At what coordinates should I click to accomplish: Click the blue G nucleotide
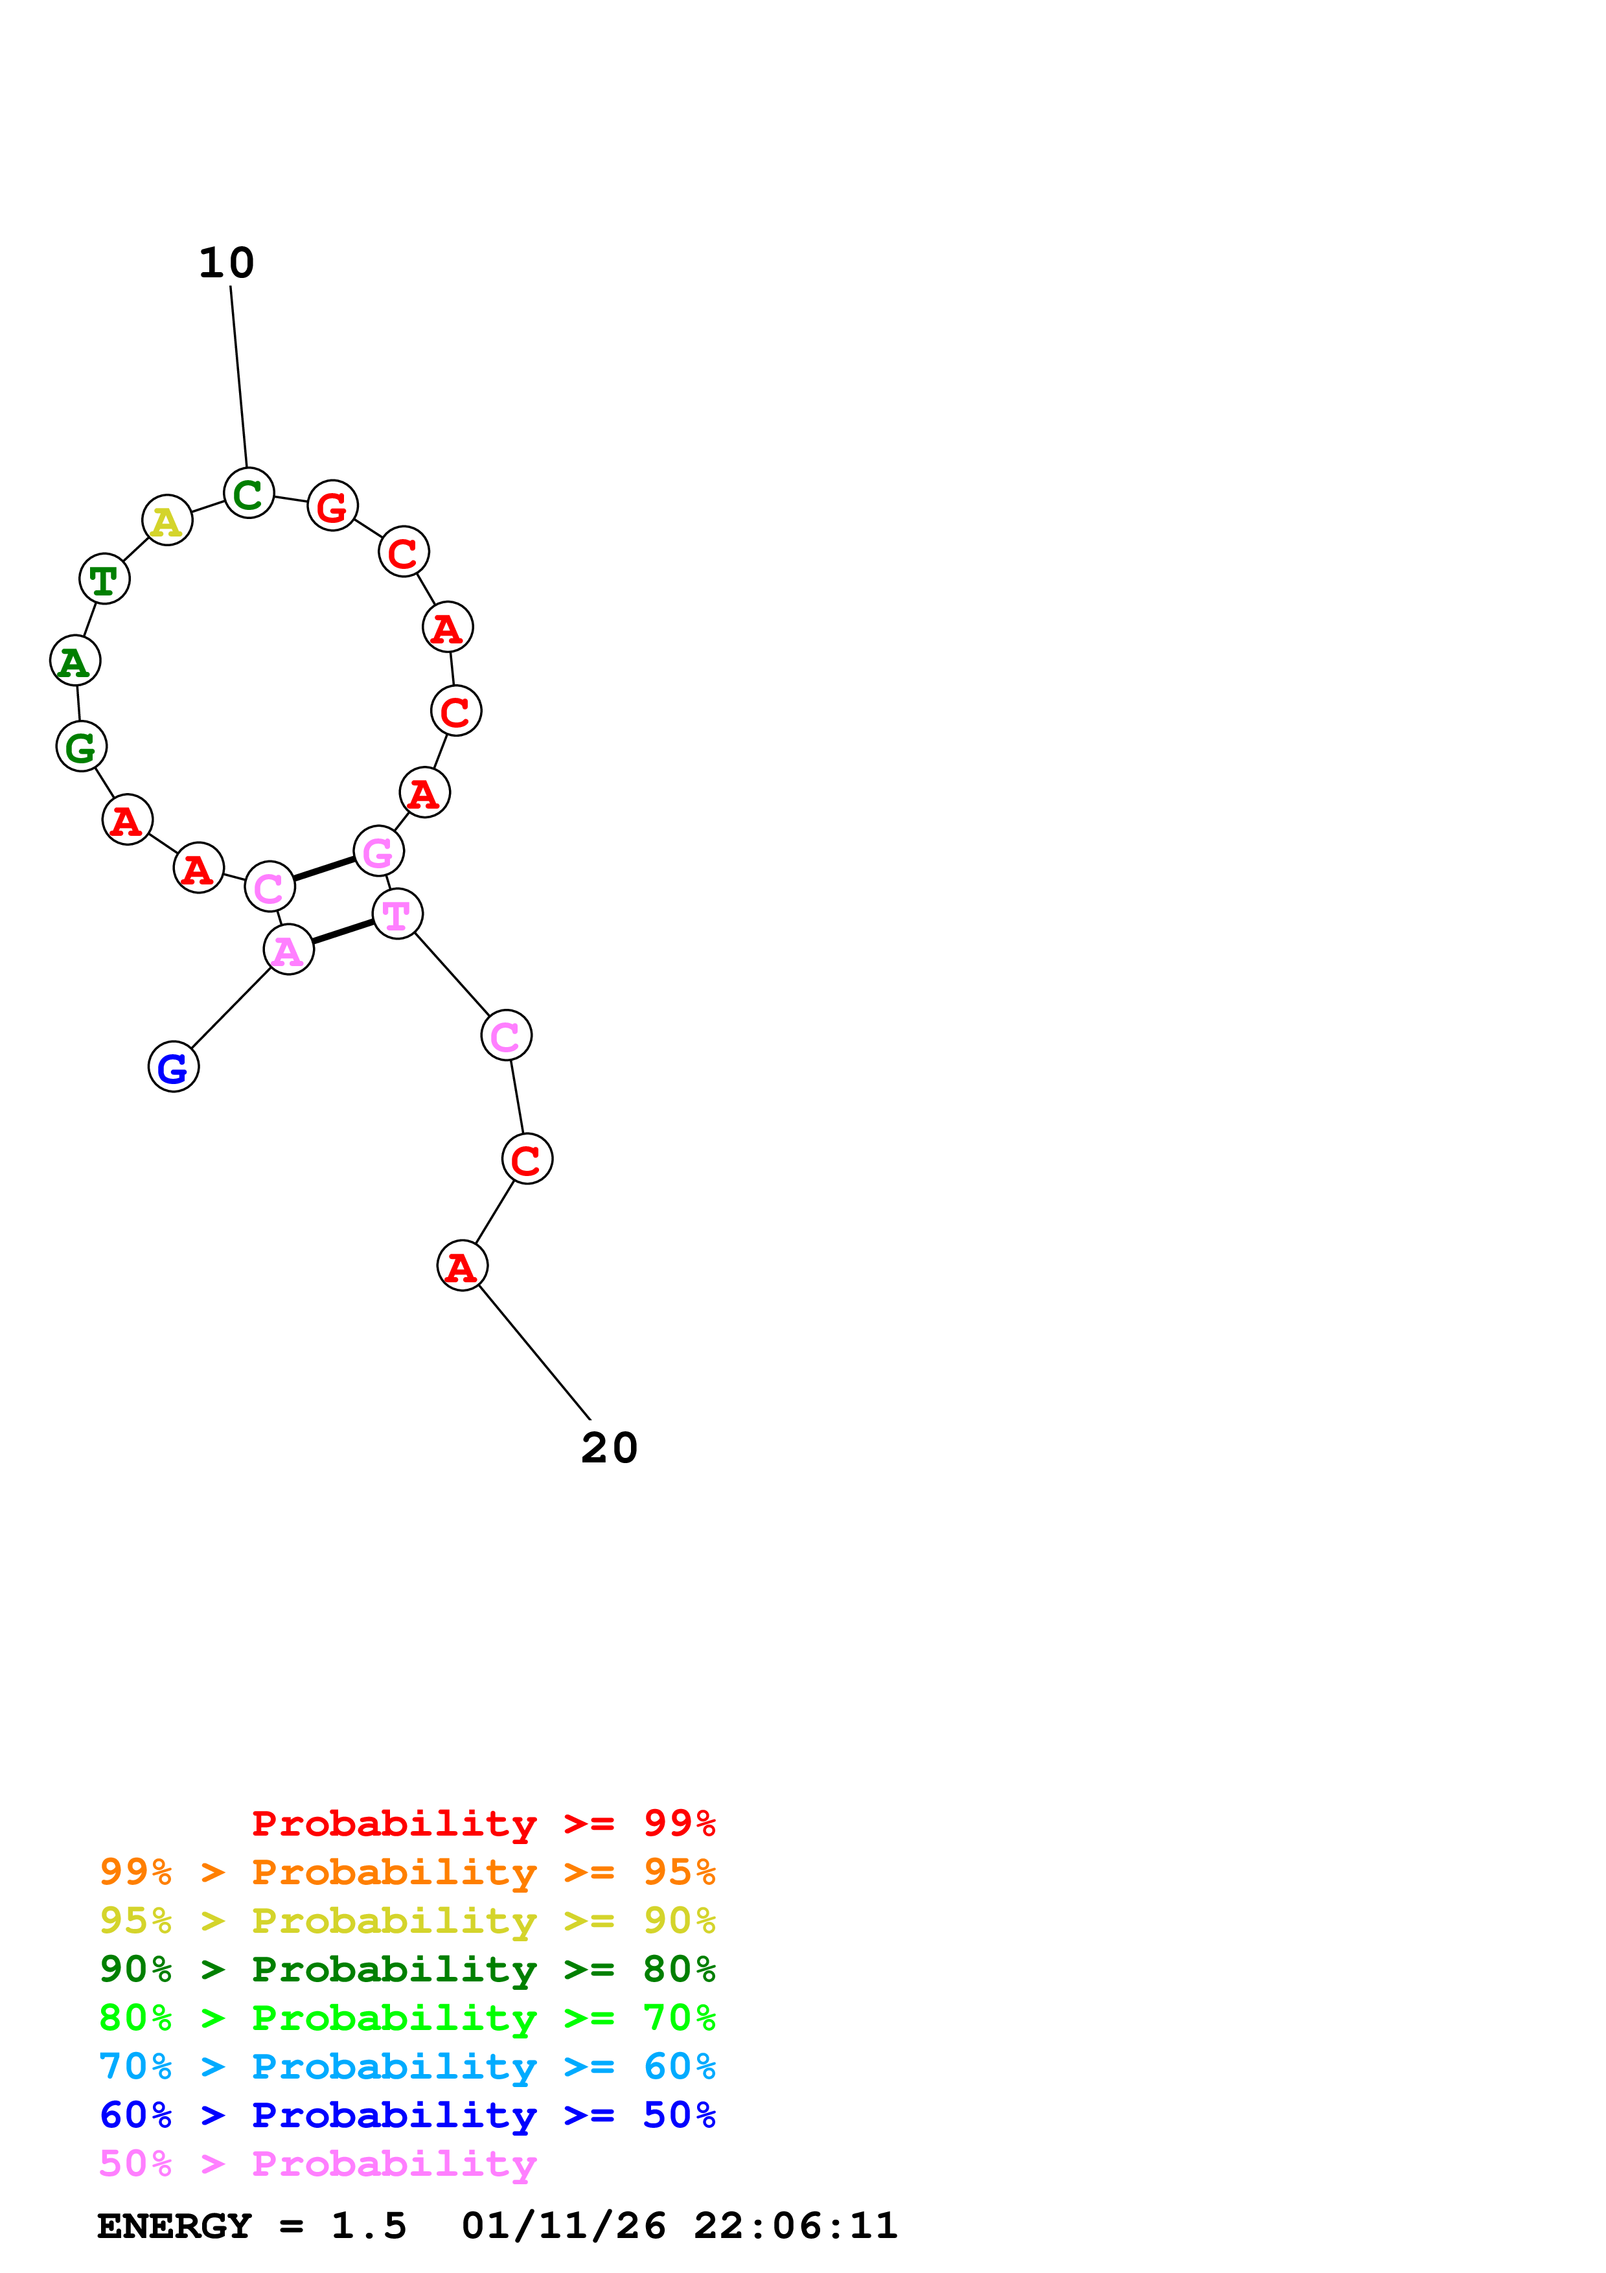[x=173, y=1067]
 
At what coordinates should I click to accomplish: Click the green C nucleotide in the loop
[x=248, y=493]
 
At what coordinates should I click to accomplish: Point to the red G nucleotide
[x=332, y=506]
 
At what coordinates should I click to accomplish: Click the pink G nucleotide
[x=378, y=851]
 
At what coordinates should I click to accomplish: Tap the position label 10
[x=227, y=263]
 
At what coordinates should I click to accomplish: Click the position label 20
[x=608, y=1448]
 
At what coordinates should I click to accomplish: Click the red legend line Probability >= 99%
[x=483, y=1823]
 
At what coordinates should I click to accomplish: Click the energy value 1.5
[x=368, y=2226]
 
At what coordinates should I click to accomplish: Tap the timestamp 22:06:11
[x=795, y=2226]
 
